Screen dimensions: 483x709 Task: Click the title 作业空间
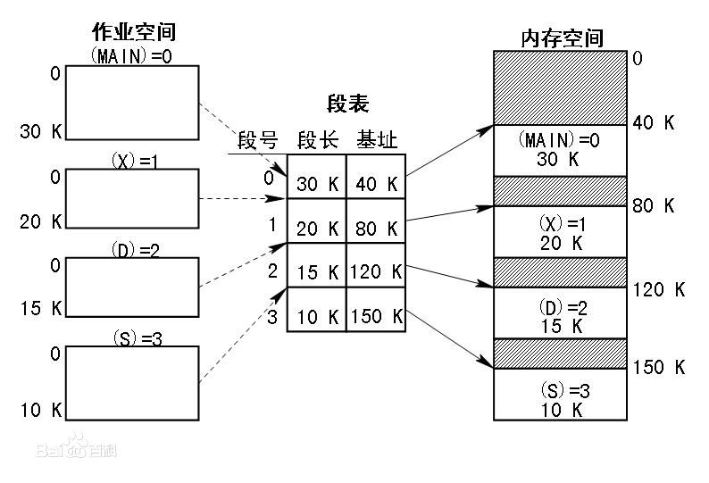coord(134,33)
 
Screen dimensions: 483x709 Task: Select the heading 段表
coord(348,104)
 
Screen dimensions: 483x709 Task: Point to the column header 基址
coord(377,140)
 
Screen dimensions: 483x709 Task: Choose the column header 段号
coord(258,140)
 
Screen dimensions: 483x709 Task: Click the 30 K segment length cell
coord(317,185)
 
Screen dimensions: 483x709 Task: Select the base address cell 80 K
coord(376,229)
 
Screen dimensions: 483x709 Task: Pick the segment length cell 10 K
coord(317,316)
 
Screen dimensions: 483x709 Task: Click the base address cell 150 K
coord(376,316)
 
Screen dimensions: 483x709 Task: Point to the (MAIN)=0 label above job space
coord(133,54)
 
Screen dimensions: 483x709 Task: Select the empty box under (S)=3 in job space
coord(133,383)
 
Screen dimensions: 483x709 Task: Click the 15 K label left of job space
coord(41,309)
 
